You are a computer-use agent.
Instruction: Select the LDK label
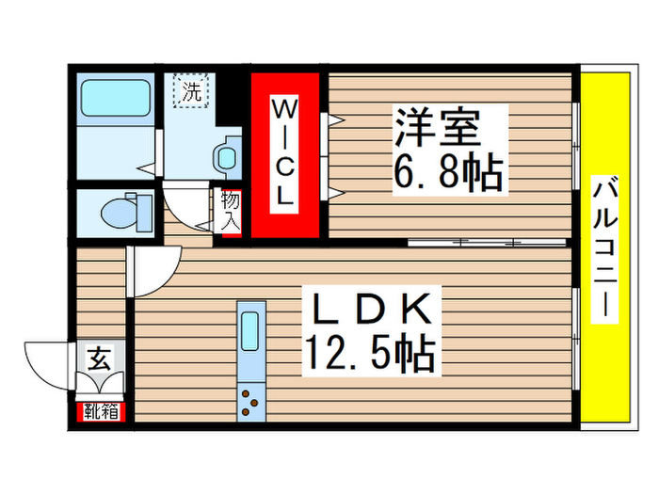coord(367,308)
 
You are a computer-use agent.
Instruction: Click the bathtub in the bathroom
coord(115,98)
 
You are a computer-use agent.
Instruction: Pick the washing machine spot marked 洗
coord(191,92)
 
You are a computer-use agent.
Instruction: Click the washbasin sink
coord(225,155)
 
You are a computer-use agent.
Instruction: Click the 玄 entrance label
coord(97,359)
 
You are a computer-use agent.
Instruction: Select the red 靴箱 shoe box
coord(100,410)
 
